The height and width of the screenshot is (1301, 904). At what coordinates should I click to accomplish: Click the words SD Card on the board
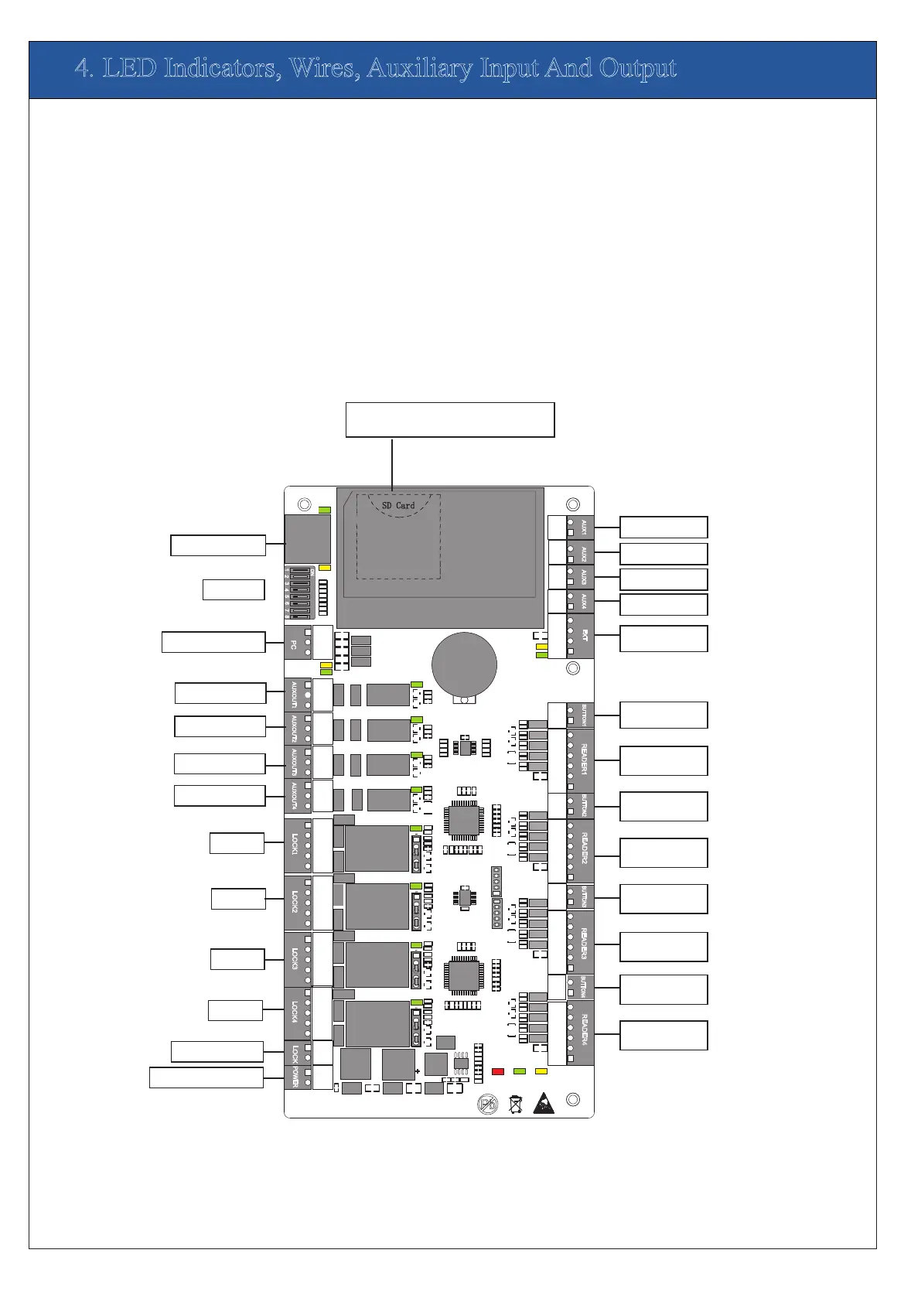pos(398,505)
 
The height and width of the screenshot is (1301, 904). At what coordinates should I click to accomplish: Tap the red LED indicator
pos(498,1071)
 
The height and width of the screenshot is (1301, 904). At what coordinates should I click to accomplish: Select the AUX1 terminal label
pos(584,528)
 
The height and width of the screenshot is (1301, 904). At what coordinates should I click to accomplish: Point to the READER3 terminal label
pos(584,943)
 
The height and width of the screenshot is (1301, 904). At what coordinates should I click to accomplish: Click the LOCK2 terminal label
pos(295,902)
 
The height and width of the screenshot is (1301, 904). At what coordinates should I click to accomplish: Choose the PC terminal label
pos(294,644)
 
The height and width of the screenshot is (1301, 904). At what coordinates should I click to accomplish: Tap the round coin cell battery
pos(464,665)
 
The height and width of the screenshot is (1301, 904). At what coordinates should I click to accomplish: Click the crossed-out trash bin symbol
pos(516,1104)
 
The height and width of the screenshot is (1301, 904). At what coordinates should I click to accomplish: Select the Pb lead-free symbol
pos(488,1104)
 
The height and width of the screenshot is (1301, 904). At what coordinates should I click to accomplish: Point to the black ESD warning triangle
pos(544,1103)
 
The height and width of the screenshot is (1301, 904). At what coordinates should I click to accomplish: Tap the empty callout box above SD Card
pos(449,420)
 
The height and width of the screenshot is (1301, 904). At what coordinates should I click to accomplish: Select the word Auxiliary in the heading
pos(420,69)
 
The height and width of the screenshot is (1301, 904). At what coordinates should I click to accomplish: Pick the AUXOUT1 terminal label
pos(295,695)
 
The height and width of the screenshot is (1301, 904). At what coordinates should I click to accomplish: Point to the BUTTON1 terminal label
pos(584,715)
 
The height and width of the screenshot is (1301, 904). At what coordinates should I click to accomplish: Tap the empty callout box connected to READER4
pos(664,1035)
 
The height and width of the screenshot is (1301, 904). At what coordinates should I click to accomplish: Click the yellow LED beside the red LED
pos(541,1071)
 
